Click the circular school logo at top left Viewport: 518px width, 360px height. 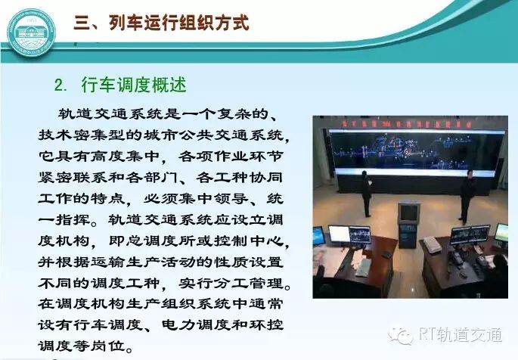[31, 33]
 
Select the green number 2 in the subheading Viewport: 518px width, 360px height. [59, 85]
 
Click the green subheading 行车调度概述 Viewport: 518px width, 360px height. [134, 85]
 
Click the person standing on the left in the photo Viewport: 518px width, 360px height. [366, 194]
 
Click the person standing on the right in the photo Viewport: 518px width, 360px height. [467, 196]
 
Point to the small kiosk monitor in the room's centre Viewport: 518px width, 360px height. [408, 213]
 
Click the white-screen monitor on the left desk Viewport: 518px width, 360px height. [338, 234]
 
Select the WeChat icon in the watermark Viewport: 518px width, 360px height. [401, 337]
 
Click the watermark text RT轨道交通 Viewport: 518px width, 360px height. [461, 335]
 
